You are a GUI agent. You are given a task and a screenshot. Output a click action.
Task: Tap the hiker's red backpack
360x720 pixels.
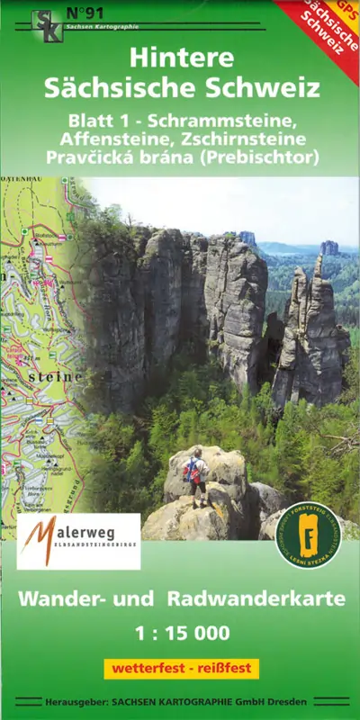(191, 470)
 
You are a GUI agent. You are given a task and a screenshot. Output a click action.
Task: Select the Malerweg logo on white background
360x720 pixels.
(78, 541)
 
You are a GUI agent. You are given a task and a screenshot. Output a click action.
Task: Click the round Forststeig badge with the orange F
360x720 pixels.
(308, 535)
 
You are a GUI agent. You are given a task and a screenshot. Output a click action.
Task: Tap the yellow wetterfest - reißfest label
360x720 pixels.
(181, 669)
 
